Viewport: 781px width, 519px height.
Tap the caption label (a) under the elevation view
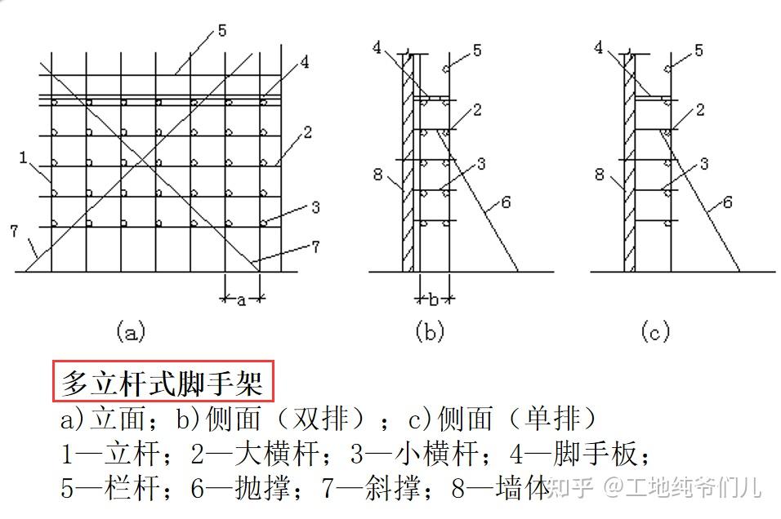131,331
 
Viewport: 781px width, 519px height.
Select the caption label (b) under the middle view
430,331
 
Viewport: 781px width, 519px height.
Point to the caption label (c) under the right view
655,331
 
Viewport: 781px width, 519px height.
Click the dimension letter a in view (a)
241,300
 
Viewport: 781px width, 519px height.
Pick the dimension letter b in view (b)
434,298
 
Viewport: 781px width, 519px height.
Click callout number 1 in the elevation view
23,156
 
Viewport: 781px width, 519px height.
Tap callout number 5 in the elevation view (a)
222,31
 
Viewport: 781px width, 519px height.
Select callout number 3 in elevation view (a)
315,207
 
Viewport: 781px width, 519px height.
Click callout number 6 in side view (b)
507,202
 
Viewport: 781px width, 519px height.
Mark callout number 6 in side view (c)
728,202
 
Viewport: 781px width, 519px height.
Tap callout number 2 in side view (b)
476,109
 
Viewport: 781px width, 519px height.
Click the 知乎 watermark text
569,488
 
